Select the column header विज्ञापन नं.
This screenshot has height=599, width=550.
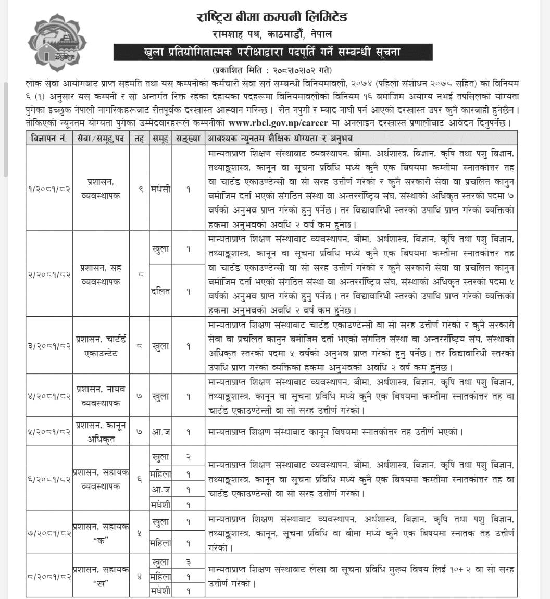[48, 138]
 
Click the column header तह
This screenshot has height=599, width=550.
[139, 138]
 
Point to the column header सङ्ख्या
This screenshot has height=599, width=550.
[188, 138]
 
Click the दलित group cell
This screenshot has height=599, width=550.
[160, 292]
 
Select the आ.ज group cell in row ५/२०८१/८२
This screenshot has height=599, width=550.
[160, 432]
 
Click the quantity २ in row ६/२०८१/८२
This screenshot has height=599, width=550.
[188, 457]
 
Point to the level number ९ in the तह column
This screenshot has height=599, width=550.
[139, 190]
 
